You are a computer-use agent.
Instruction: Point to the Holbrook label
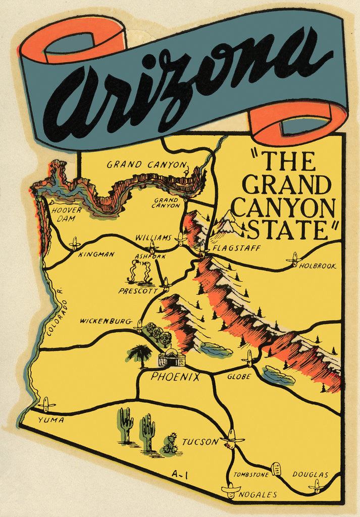tap(318, 266)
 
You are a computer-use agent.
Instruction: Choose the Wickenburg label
tap(106, 321)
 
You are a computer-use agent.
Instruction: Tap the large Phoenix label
tap(175, 377)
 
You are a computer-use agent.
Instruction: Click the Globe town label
tap(239, 376)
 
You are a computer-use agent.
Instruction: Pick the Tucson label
tap(200, 442)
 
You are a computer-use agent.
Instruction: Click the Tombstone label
tap(251, 475)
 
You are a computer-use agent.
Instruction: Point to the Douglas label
tap(310, 475)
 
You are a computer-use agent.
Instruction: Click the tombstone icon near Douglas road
tap(276, 469)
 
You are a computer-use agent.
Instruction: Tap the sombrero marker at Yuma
tap(46, 404)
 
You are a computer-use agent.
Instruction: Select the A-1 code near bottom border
tap(179, 474)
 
